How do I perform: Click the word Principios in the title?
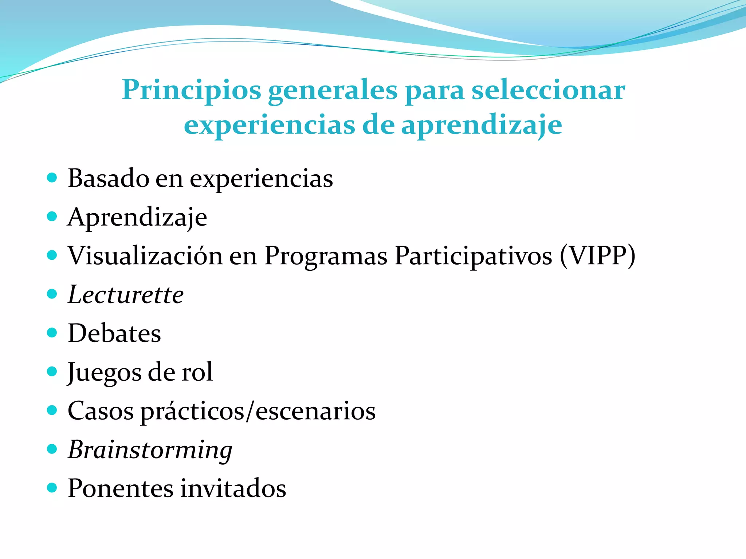(192, 90)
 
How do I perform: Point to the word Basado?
(108, 178)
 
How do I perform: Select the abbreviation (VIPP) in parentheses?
(597, 256)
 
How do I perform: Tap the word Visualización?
(145, 256)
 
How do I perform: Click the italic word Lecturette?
(126, 295)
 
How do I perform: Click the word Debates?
(114, 333)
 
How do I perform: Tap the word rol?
(197, 372)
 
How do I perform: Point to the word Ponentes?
(121, 488)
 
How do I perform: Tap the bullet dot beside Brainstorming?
(52, 449)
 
